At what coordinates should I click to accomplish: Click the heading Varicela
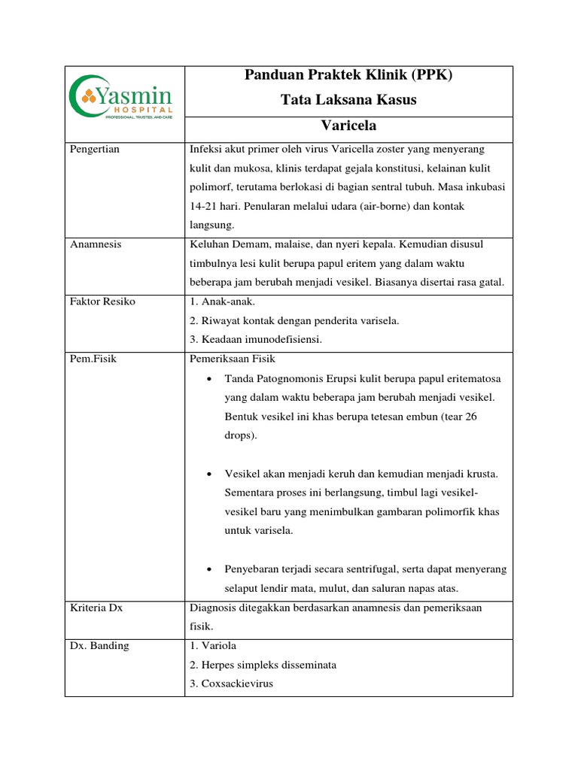[348, 125]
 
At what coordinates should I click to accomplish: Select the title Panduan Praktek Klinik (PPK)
[348, 76]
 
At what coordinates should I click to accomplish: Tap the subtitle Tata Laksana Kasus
[348, 100]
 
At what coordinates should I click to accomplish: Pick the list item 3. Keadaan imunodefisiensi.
[257, 339]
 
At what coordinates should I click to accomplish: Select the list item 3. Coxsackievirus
[233, 684]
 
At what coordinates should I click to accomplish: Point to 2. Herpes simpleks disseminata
[263, 665]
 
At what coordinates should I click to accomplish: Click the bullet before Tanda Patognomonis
[208, 378]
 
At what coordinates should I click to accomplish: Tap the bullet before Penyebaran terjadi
[208, 569]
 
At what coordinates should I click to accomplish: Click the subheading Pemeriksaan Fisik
[233, 359]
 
